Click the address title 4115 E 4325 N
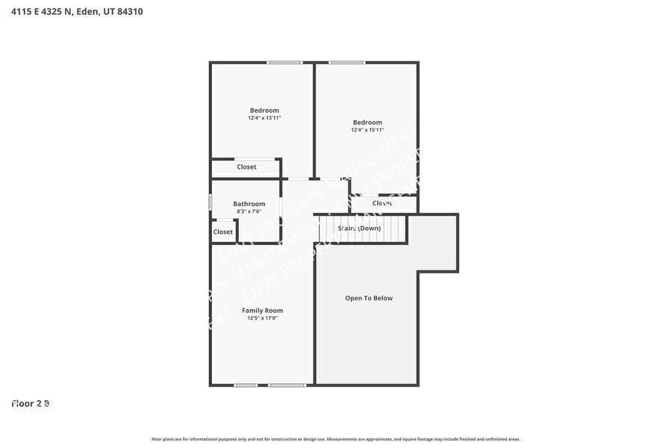[42, 11]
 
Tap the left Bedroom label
[264, 111]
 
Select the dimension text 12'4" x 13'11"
[264, 118]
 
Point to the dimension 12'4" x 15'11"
[367, 130]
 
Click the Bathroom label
[249, 204]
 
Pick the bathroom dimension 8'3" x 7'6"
[249, 211]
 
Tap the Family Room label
[262, 311]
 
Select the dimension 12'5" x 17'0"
[262, 318]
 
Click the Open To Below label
[369, 298]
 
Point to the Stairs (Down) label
[359, 228]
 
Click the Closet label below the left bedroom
[246, 167]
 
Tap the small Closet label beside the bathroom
[223, 232]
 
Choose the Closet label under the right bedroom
[382, 203]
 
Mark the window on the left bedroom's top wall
[284, 63]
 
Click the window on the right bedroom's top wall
[347, 63]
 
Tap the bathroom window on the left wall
[211, 202]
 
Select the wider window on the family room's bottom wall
[287, 385]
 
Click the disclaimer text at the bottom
[336, 439]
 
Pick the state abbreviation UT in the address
[109, 11]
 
